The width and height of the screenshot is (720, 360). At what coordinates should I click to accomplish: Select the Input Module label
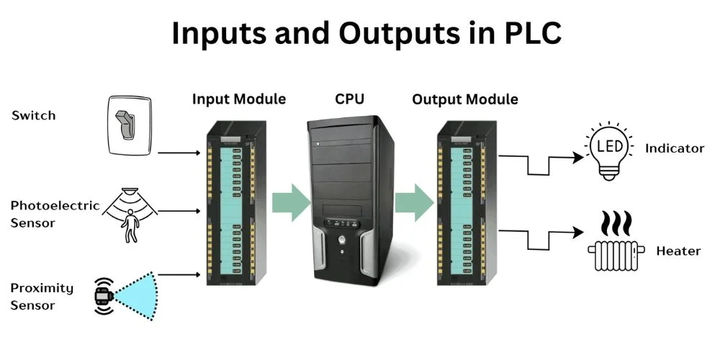[x=238, y=99]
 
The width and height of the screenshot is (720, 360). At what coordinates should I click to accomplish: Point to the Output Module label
[x=464, y=99]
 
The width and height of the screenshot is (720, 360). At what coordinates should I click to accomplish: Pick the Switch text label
[x=33, y=115]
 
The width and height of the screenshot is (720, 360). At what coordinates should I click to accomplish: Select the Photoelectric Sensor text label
[x=55, y=214]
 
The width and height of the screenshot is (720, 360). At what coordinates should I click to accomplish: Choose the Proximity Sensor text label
[x=42, y=297]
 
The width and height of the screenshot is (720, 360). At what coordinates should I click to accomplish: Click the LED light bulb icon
[x=610, y=150]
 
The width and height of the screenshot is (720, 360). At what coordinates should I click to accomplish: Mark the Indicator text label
[x=674, y=148]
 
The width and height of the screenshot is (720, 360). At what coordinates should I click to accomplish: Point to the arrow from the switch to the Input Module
[x=179, y=153]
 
